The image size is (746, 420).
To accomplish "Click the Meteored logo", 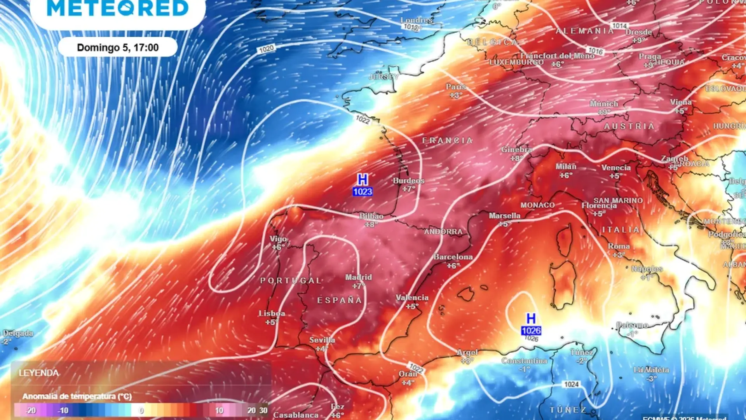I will (x=118, y=9).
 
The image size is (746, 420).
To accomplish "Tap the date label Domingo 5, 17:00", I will (x=118, y=47).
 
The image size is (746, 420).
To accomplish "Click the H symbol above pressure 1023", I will (x=362, y=180).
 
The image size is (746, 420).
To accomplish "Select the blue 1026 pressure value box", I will (x=531, y=331).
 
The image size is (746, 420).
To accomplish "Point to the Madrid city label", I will (x=359, y=277).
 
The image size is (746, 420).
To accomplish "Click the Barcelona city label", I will (x=453, y=257).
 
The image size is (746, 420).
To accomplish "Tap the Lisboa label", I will (x=272, y=313).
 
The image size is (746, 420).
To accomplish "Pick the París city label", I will (x=456, y=87).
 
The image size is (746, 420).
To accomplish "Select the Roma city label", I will (x=619, y=246).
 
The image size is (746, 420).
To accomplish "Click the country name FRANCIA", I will (x=448, y=140).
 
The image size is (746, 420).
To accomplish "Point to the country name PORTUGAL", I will (x=291, y=280).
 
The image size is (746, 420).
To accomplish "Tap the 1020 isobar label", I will (x=266, y=49).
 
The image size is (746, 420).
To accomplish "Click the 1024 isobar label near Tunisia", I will (x=572, y=385).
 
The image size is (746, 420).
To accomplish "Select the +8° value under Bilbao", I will (x=371, y=224).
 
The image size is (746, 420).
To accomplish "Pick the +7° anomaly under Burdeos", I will (x=408, y=189).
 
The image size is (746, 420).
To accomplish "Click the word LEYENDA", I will (x=39, y=373).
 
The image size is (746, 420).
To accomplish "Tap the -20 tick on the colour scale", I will (x=31, y=410).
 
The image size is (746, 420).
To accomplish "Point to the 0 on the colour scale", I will (x=141, y=410).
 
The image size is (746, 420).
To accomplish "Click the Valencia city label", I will (x=412, y=298).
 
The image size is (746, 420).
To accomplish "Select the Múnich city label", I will (x=603, y=104).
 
